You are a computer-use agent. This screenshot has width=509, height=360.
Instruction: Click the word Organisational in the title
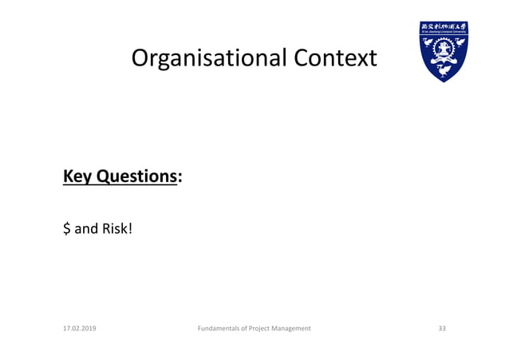[208, 58]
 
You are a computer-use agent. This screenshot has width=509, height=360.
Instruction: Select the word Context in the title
[335, 58]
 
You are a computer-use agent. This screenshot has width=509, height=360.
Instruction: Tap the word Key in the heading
[77, 176]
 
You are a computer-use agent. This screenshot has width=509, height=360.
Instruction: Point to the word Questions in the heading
[135, 176]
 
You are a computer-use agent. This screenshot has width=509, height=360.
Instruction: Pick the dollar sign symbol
[66, 228]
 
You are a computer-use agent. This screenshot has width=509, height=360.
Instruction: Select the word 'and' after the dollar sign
[85, 228]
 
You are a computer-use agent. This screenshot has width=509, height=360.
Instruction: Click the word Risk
[113, 228]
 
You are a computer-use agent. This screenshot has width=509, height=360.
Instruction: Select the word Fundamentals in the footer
[218, 329]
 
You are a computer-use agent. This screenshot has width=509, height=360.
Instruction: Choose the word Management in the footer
[295, 329]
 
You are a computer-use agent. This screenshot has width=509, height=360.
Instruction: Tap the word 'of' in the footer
[246, 329]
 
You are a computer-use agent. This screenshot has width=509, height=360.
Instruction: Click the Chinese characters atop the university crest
[444, 26]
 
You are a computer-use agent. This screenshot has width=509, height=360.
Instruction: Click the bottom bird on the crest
[444, 69]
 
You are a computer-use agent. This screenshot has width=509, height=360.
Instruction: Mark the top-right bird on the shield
[460, 41]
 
